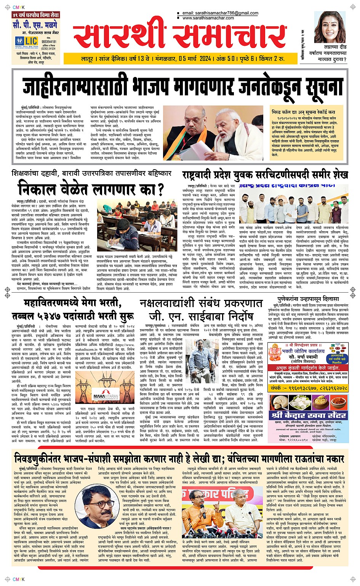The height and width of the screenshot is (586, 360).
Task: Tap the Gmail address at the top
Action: click(220, 13)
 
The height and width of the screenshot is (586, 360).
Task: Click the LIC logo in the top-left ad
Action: click(31, 41)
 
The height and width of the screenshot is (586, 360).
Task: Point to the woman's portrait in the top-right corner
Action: click(330, 27)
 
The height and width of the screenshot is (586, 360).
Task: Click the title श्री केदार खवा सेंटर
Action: click(308, 415)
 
